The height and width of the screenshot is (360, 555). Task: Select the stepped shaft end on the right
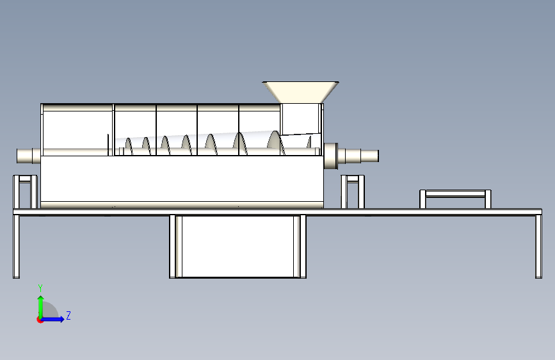[362, 156]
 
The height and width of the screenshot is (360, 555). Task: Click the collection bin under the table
[237, 247]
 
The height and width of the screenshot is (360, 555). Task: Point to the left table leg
[16, 246]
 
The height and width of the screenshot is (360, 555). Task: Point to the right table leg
[538, 246]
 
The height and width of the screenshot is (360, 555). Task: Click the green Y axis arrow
[40, 304]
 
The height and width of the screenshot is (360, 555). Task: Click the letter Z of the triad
[68, 315]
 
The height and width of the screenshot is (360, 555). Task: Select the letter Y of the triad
[40, 288]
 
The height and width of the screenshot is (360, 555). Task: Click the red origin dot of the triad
[40, 319]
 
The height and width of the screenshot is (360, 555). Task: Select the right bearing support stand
[352, 191]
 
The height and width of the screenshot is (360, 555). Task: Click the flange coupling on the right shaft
[330, 156]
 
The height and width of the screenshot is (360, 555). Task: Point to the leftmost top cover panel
[77, 126]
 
